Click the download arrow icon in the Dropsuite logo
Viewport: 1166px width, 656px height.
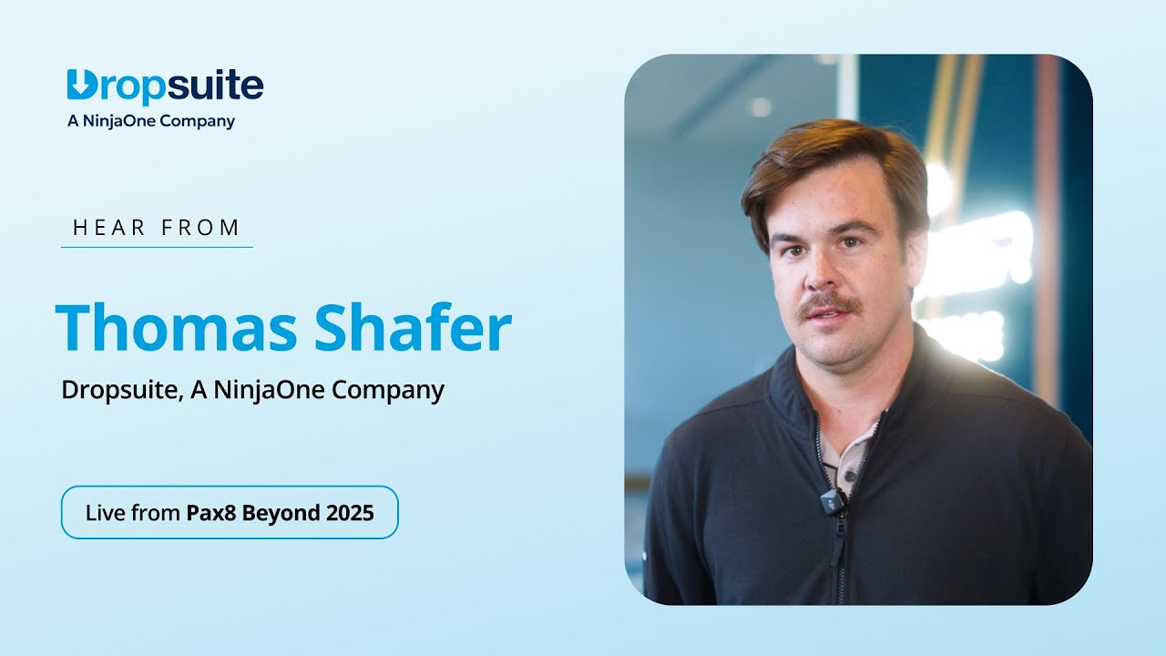coord(80,85)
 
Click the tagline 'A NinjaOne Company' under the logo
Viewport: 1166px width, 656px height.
coord(151,121)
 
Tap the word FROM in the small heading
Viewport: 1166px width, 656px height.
coord(200,228)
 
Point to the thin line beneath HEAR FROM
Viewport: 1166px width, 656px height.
coord(157,247)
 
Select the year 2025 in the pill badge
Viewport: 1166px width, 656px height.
coord(350,513)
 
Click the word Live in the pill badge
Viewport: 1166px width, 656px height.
coord(105,513)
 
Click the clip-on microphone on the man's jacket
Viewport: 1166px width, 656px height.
coord(830,500)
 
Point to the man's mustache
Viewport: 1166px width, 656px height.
coord(827,305)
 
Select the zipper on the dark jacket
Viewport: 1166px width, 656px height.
coord(840,547)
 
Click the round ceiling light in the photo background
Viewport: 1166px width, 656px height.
coord(760,107)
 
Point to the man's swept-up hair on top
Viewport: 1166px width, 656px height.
coord(829,155)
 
